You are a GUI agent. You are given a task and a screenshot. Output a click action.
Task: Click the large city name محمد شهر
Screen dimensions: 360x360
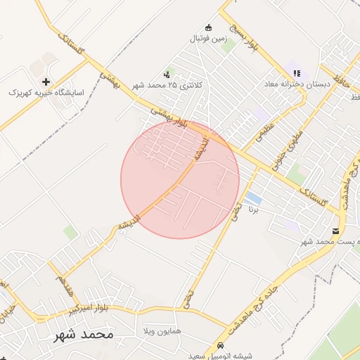coord(83,334)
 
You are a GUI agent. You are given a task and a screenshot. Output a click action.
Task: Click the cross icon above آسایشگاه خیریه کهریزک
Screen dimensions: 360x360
coord(46,82)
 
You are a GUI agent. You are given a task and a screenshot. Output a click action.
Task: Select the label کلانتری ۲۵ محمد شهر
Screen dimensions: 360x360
coord(167,85)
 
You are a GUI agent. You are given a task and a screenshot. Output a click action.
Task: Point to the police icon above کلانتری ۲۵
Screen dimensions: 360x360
coord(167,73)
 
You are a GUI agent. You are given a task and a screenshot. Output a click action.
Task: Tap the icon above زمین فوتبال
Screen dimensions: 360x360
coord(207,27)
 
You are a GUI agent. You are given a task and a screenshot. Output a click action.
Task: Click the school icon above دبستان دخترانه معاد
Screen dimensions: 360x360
coord(297,72)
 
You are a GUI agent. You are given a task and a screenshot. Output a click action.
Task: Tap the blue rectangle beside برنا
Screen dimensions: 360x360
coord(252,198)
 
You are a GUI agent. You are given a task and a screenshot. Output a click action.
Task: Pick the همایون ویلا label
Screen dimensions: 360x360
coord(161,330)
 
